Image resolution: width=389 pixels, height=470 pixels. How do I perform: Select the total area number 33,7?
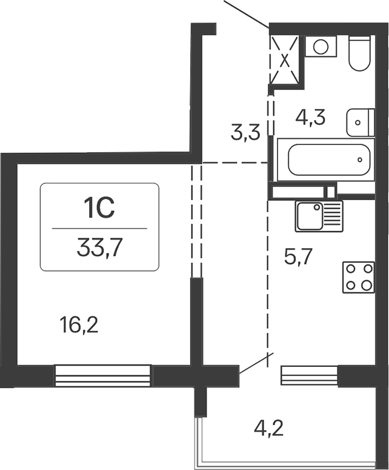(x=99, y=247)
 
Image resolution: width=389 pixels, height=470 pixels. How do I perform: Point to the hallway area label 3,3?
(x=246, y=132)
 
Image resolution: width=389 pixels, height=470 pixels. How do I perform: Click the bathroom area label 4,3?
(x=310, y=116)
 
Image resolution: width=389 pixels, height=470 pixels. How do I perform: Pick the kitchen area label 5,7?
(x=298, y=258)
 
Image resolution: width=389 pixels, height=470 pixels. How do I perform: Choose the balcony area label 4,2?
(x=268, y=431)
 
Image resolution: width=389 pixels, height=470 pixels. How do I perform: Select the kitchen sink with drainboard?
(x=319, y=216)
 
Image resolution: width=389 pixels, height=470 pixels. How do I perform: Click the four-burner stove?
(x=358, y=277)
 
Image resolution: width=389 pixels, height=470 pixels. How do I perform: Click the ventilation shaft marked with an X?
(x=285, y=61)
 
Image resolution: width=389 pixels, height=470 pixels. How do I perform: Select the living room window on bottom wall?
(x=102, y=375)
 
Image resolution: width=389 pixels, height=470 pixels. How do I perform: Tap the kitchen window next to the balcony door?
(x=309, y=375)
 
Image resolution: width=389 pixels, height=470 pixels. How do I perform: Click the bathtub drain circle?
(x=360, y=161)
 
